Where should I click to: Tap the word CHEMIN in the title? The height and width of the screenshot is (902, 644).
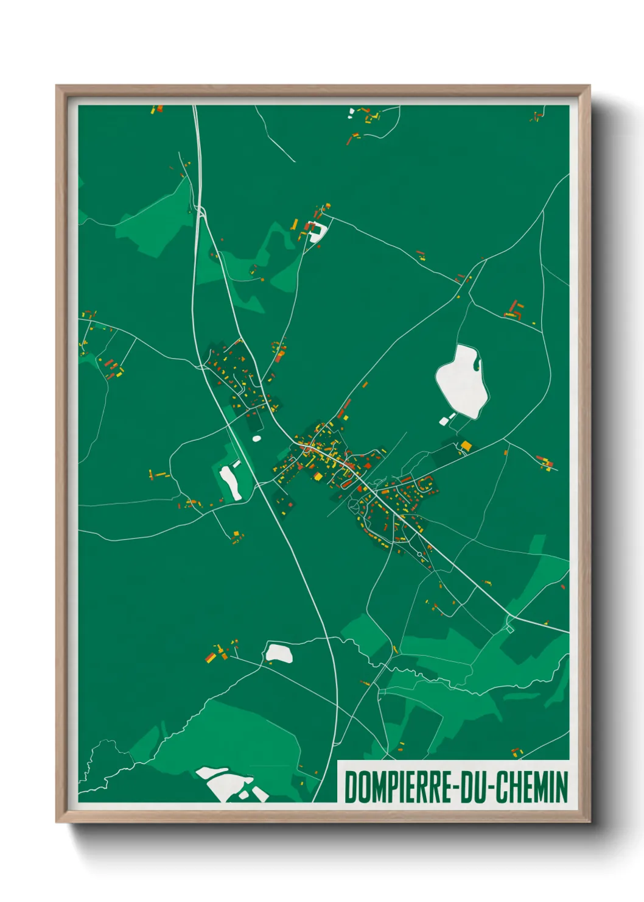click(531, 787)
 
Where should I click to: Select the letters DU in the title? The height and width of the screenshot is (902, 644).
click(472, 787)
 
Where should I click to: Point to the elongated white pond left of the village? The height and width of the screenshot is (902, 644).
click(230, 482)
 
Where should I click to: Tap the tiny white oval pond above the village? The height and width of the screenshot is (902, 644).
click(257, 438)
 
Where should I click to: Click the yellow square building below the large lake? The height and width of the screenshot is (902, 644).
click(466, 445)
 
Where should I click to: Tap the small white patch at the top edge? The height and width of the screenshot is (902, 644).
click(351, 112)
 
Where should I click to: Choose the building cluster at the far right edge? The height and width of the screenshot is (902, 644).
click(547, 463)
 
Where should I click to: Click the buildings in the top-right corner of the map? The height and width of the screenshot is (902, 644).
click(536, 116)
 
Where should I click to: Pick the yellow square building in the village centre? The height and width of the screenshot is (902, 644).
click(317, 475)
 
